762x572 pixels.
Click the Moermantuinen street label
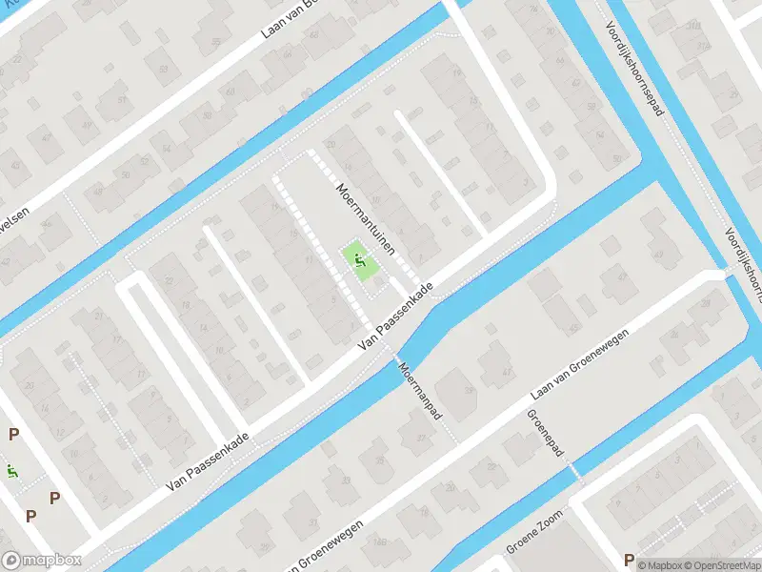371,220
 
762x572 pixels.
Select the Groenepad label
545,436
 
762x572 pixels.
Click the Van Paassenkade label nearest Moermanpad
396,318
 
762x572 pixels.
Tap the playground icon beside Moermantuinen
358,257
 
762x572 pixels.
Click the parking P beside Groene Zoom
628,560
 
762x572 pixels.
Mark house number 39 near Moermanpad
467,390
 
